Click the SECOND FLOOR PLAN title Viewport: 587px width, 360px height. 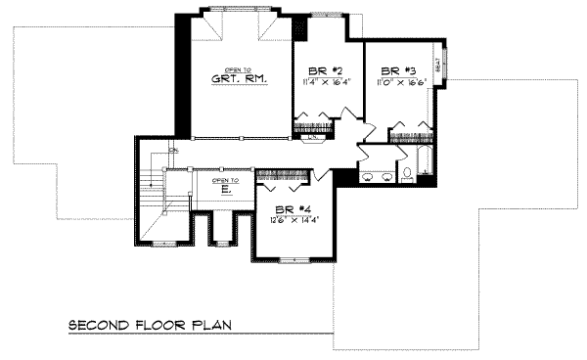(x=150, y=326)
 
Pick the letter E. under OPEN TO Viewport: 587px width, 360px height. (x=224, y=192)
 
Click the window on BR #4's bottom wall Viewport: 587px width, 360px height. (x=293, y=259)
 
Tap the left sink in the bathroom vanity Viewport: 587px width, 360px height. (x=368, y=178)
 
